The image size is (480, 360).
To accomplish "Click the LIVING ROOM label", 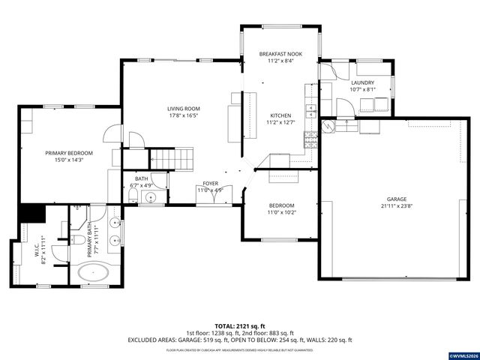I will click(183, 109).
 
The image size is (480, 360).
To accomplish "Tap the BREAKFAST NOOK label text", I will click(281, 54).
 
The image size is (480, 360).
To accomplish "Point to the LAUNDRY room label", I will click(362, 82).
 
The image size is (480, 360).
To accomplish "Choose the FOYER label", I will click(210, 184).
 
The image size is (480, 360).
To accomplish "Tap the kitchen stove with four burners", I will click(308, 139).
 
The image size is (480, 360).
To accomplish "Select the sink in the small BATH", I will click(150, 197).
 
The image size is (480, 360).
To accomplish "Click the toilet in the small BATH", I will click(132, 196).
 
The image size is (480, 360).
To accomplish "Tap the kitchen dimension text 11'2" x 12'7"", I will click(281, 122).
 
